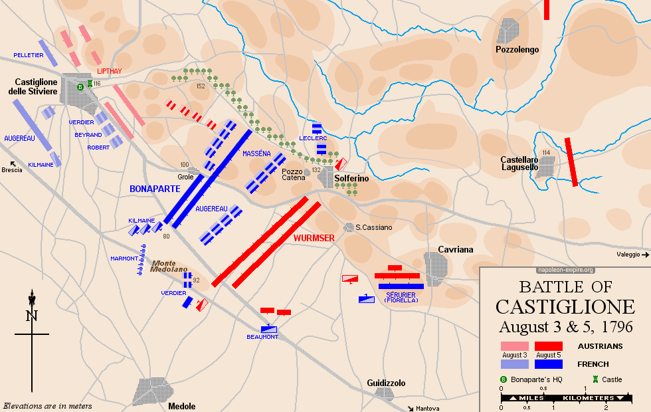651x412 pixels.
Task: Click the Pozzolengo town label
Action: coord(517,49)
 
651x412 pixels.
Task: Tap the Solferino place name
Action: coord(351,179)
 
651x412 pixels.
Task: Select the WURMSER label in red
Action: coord(314,237)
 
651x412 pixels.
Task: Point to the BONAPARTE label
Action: coord(155,189)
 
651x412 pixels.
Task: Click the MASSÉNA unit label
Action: coord(256,154)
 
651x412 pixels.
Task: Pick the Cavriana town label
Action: coord(456,249)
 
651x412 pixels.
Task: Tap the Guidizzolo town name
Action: coord(386,383)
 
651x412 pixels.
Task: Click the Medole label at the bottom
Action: coord(182,406)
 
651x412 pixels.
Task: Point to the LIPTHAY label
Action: coord(109,70)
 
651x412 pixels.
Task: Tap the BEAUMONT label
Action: coord(262,337)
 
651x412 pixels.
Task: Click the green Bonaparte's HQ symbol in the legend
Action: coord(504,379)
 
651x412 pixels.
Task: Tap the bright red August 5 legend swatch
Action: coord(548,346)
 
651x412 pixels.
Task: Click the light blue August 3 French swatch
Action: coord(514,364)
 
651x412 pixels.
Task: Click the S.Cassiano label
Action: coord(373,227)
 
